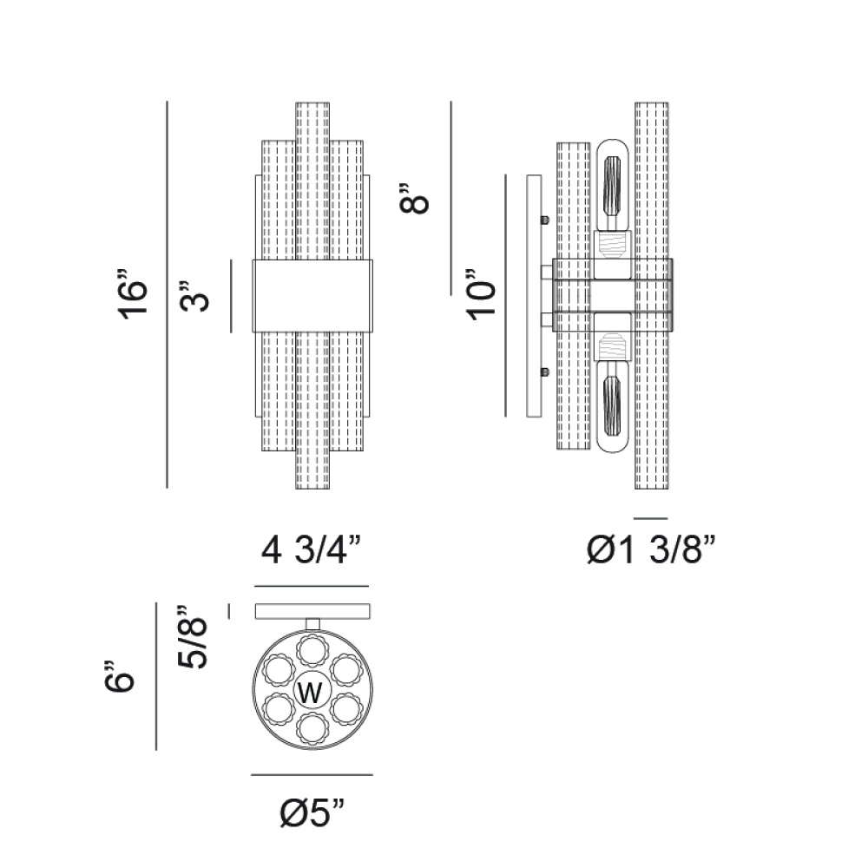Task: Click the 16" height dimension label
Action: coord(133,294)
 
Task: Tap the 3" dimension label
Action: coord(194,296)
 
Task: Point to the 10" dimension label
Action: coord(481,294)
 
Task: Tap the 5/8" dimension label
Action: coord(192,636)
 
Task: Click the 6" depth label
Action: coord(120,676)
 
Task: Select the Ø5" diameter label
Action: coord(312,812)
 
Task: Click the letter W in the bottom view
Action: coord(310,692)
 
